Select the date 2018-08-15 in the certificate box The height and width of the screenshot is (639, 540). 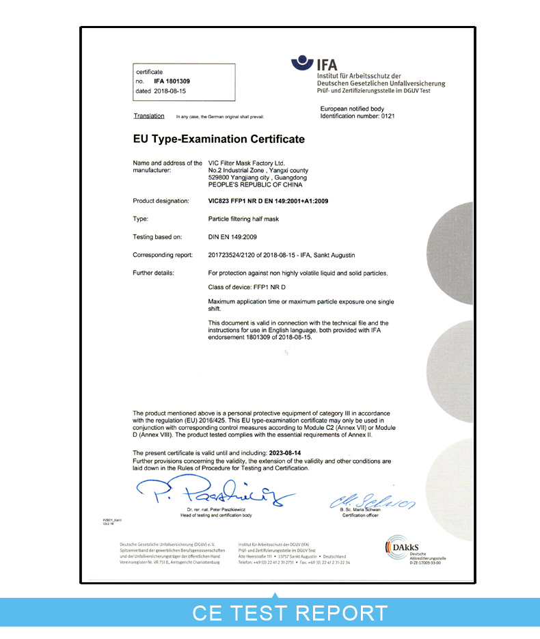pyautogui.click(x=171, y=90)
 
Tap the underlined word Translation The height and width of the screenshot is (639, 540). pyautogui.click(x=149, y=116)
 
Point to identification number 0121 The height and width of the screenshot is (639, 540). pyautogui.click(x=386, y=116)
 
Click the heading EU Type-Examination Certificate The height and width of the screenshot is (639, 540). pyautogui.click(x=219, y=139)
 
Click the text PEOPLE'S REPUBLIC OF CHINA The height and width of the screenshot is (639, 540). pyautogui.click(x=255, y=185)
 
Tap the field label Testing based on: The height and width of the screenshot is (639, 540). pyautogui.click(x=157, y=236)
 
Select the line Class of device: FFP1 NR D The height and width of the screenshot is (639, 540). pyautogui.click(x=247, y=287)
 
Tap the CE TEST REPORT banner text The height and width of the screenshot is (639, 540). pyautogui.click(x=290, y=612)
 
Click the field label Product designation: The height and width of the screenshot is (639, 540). pyautogui.click(x=161, y=201)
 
